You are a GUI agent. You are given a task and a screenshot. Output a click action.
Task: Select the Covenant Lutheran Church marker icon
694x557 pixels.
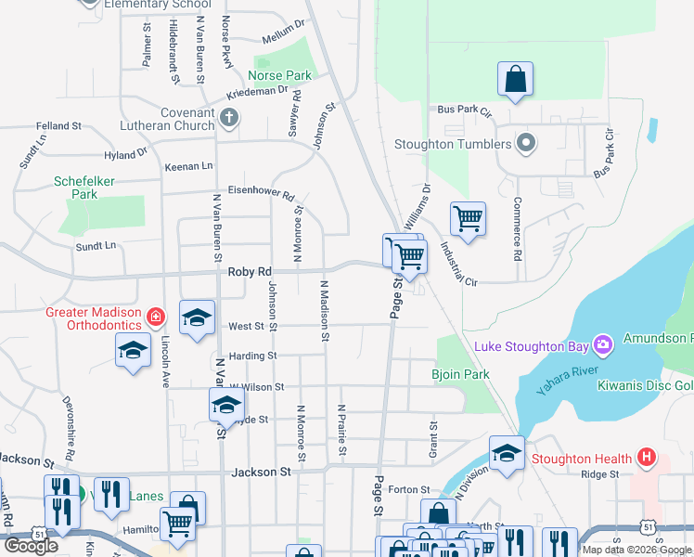coord(229,118)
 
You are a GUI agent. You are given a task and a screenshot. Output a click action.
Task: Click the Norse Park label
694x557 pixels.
coord(279,75)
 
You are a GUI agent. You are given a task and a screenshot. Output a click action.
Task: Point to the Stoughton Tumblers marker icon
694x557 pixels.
coord(526,144)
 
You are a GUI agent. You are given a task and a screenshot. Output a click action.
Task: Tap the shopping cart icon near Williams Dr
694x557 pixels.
coord(468,220)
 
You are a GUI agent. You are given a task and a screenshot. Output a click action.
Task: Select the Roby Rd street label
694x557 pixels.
coord(249,272)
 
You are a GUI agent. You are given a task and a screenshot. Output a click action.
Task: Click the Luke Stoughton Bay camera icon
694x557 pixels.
coord(604,346)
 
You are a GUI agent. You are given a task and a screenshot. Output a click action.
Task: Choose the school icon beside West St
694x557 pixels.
coord(197,318)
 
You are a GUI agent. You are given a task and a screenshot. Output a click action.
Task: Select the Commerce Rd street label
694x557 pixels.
coord(518,227)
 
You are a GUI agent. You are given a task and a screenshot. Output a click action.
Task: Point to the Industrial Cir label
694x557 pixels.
coord(458,264)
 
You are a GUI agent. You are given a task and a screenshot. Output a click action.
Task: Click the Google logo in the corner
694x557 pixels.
coord(31,546)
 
